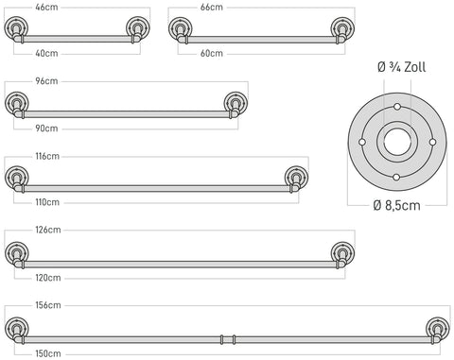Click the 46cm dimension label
pos(46,8)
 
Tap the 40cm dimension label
pos(46,53)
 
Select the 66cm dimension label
pos(212,8)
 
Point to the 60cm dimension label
pos(212,53)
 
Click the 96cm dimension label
pos(46,81)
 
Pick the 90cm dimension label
pos(46,129)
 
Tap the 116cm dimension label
pos(47,156)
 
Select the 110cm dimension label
pos(47,202)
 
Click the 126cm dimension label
pos(48,230)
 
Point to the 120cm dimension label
pos(48,278)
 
